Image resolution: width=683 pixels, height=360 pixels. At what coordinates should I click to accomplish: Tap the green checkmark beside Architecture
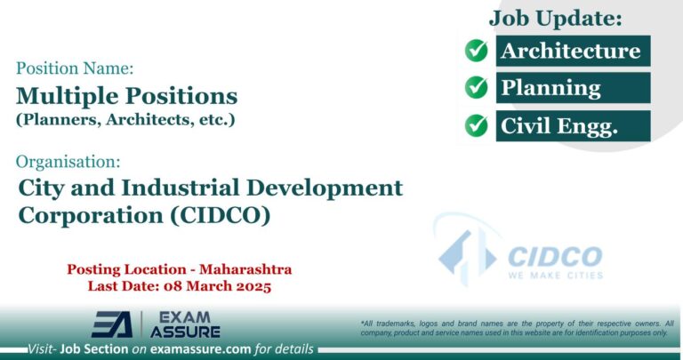click(x=477, y=51)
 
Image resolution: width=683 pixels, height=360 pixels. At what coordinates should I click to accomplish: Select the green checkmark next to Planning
click(x=477, y=88)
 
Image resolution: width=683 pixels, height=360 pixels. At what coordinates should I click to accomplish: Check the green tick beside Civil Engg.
click(x=477, y=126)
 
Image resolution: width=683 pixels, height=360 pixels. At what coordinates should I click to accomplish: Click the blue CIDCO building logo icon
click(x=465, y=252)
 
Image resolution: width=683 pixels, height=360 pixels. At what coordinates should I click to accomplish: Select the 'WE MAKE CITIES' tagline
click(x=555, y=275)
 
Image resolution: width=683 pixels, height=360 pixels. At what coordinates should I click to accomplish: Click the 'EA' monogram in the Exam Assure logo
click(x=112, y=324)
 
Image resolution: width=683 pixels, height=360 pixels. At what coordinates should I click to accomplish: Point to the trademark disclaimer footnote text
click(x=517, y=327)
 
